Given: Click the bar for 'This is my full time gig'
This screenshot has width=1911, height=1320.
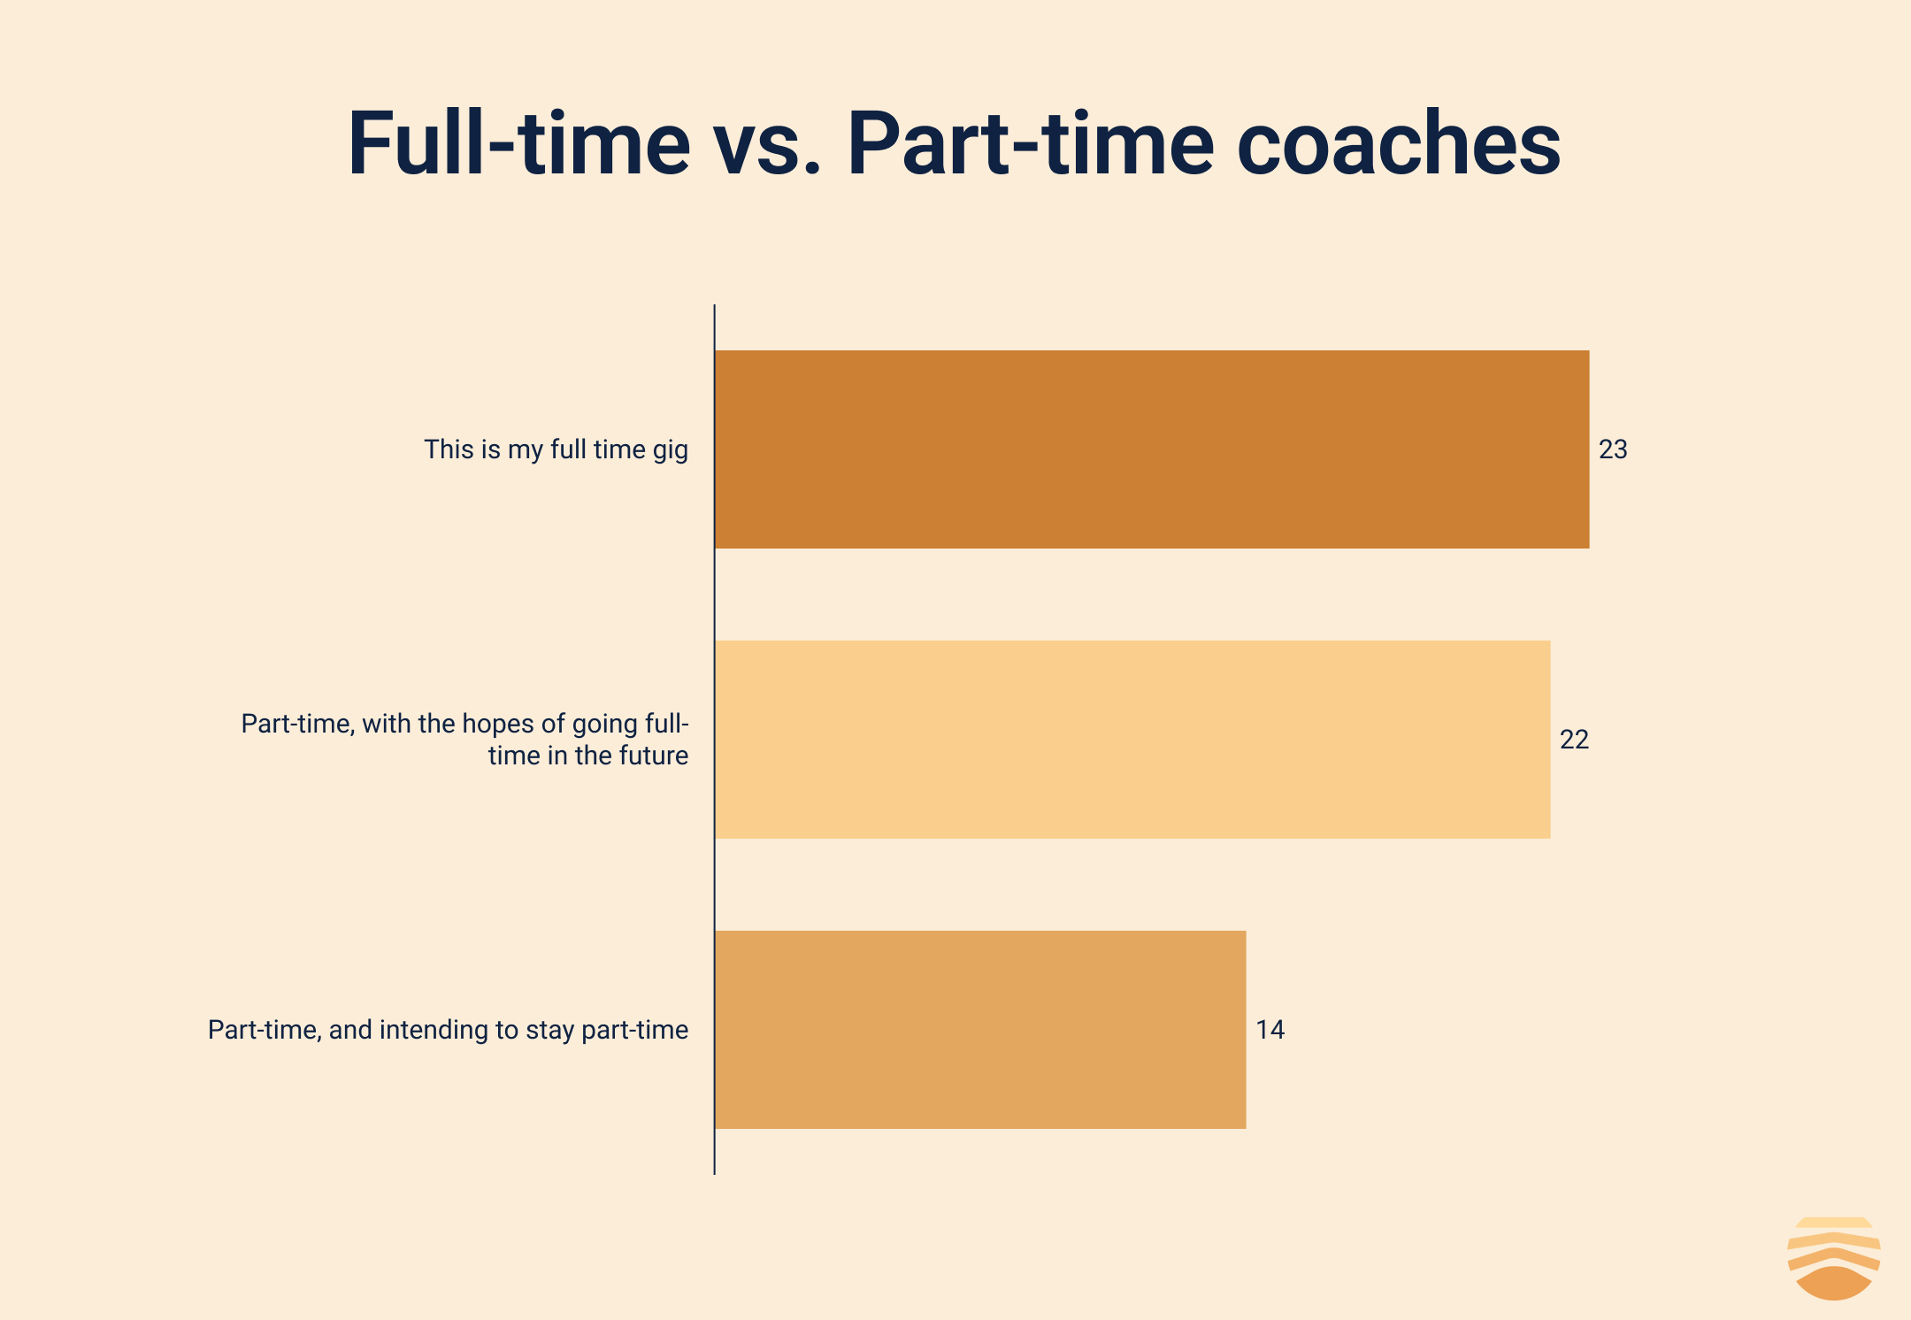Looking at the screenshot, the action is (x=1152, y=449).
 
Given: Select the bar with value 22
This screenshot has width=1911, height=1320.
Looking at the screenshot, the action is (x=1132, y=740).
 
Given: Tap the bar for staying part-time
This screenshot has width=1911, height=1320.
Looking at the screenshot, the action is (x=980, y=1030).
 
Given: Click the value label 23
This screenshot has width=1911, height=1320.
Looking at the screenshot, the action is (x=1613, y=449).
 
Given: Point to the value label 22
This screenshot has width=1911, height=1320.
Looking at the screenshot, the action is (x=1574, y=740).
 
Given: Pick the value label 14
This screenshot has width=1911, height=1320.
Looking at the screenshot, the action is (x=1270, y=1030).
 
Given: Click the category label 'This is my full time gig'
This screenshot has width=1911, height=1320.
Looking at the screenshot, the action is (x=556, y=450).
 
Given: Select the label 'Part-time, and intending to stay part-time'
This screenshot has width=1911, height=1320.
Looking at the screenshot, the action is (x=448, y=1031).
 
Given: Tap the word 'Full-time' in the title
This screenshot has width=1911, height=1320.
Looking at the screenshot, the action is (x=518, y=143).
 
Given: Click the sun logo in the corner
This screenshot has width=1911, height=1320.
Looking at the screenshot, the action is (x=1834, y=1259).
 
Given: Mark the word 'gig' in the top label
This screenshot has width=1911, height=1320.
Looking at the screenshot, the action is (x=671, y=451).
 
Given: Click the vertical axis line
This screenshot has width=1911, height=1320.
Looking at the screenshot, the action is (x=715, y=740).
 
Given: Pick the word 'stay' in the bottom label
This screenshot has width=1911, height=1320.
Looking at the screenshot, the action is (x=549, y=1032).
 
